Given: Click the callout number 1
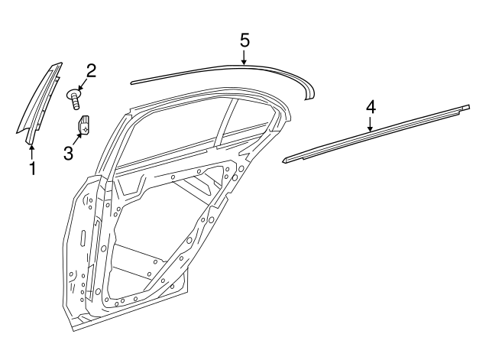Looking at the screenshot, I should pos(31,168).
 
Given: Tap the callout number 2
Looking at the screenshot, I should pos(91,71).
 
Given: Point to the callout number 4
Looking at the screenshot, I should pos(371,106).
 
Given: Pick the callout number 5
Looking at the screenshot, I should pos(244,39).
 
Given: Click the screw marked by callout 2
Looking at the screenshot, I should pos(76,99).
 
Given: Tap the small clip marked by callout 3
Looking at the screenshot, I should pos(85,124).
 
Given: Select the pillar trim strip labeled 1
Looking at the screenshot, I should pos(42,103).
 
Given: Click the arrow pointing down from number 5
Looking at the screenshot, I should pos(244,57).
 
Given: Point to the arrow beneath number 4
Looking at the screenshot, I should pos(371,125).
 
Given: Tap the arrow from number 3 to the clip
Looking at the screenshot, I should pos(77,138).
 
